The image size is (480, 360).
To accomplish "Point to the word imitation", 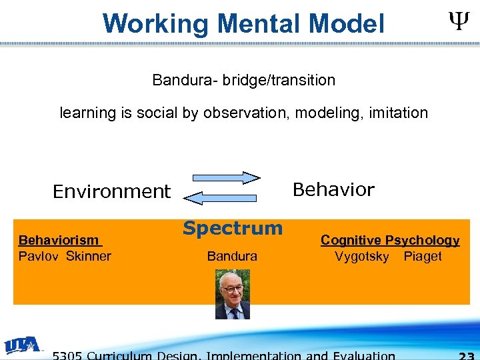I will point(397,113).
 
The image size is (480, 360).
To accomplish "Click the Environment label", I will point(111,192).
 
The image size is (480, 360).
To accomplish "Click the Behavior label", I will point(333,190).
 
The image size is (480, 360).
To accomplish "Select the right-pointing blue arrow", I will point(227,178).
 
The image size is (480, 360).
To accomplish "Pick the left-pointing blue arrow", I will point(221,197).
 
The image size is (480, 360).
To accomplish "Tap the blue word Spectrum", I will point(233,229).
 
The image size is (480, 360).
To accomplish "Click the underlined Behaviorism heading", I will point(59,240).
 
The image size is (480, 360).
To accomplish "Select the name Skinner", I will point(89,256).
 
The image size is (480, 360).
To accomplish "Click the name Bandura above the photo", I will point(232,256).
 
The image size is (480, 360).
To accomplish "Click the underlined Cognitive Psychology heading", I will point(390,240).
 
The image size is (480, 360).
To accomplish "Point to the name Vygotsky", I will point(362,257).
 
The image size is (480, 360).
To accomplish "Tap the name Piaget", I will point(423,257).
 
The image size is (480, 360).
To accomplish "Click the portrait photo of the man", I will point(233,294).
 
